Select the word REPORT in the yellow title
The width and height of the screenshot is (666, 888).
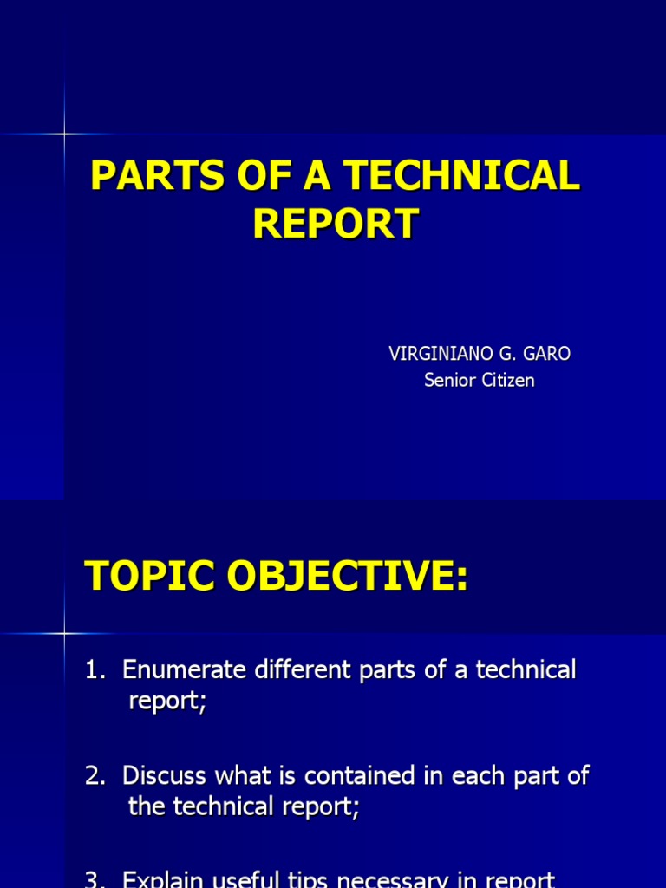point(336,223)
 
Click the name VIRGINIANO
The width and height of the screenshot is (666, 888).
point(436,354)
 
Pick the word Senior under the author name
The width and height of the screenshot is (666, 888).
point(447,380)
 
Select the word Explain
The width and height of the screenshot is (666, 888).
point(162,880)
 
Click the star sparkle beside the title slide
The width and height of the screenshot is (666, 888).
point(64,134)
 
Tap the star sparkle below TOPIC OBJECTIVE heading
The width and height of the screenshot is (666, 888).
point(64,634)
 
